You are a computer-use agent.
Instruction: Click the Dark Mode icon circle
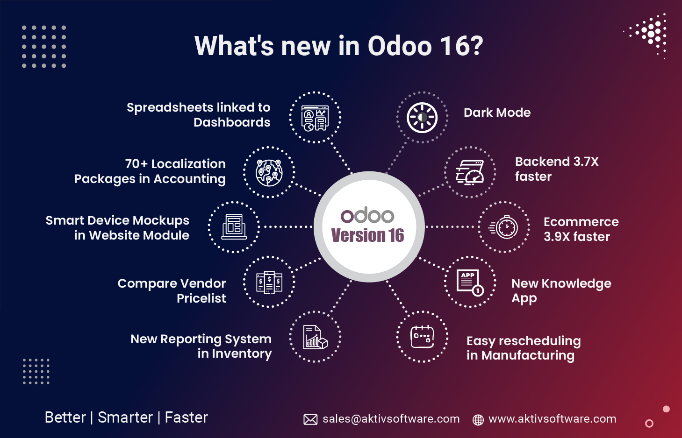pos(422,118)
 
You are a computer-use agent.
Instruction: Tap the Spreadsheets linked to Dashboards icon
pos(315,118)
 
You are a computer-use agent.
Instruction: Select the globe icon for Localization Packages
pos(269,172)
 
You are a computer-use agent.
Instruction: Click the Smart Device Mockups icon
pos(234,227)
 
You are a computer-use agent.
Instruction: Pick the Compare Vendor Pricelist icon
pos(269,282)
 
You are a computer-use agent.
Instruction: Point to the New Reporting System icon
pos(315,337)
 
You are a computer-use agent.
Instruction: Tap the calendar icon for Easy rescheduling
pos(422,337)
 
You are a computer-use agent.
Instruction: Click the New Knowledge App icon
pos(470,282)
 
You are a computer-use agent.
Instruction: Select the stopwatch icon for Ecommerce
pos(504,227)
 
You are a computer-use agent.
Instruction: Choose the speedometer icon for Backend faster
pos(470,172)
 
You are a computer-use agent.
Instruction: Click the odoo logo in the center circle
pos(367,216)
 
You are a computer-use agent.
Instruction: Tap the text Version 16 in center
pos(367,235)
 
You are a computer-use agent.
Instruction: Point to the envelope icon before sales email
pos(310,419)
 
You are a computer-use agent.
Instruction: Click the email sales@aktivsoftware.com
pos(391,419)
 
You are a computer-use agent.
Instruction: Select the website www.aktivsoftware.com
pos(552,419)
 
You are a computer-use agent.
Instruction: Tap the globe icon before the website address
pos(478,420)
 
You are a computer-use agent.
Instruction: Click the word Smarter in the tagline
pos(125,417)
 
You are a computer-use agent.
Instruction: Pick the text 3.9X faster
pos(576,237)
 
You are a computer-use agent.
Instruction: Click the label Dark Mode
pos(497,113)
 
